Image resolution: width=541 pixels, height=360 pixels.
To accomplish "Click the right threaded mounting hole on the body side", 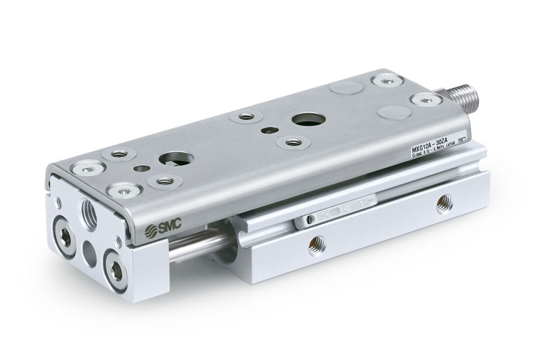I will pos(443,200).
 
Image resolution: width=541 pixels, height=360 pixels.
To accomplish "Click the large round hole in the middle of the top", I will pos(298,122).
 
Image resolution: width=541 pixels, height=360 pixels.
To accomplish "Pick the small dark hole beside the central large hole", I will pos(269,129).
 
